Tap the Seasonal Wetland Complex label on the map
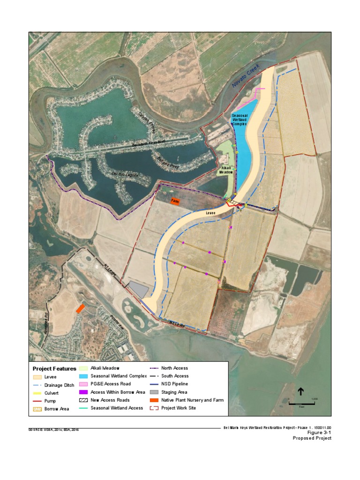coord(240,120)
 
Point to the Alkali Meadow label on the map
coord(226,170)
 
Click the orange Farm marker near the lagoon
coord(175,201)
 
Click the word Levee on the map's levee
coord(211,213)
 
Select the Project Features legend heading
coord(54,369)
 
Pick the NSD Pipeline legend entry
coord(174,384)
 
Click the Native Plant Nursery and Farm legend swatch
coord(153,400)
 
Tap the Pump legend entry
coord(49,401)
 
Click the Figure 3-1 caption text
coord(319,433)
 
